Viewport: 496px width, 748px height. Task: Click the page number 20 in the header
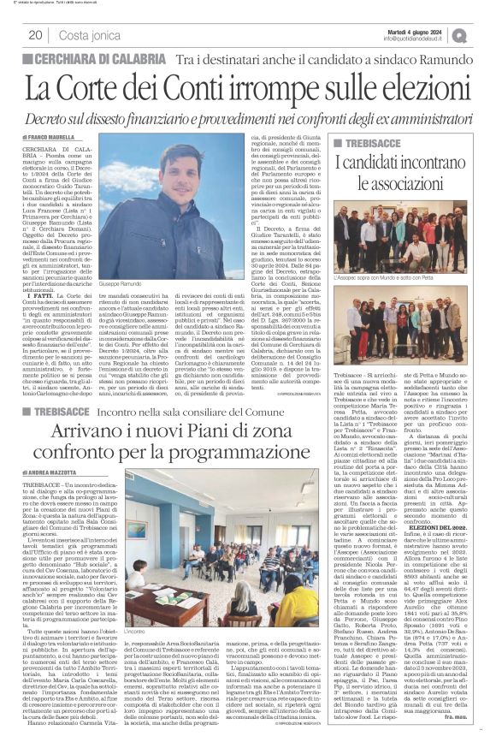click(35, 34)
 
